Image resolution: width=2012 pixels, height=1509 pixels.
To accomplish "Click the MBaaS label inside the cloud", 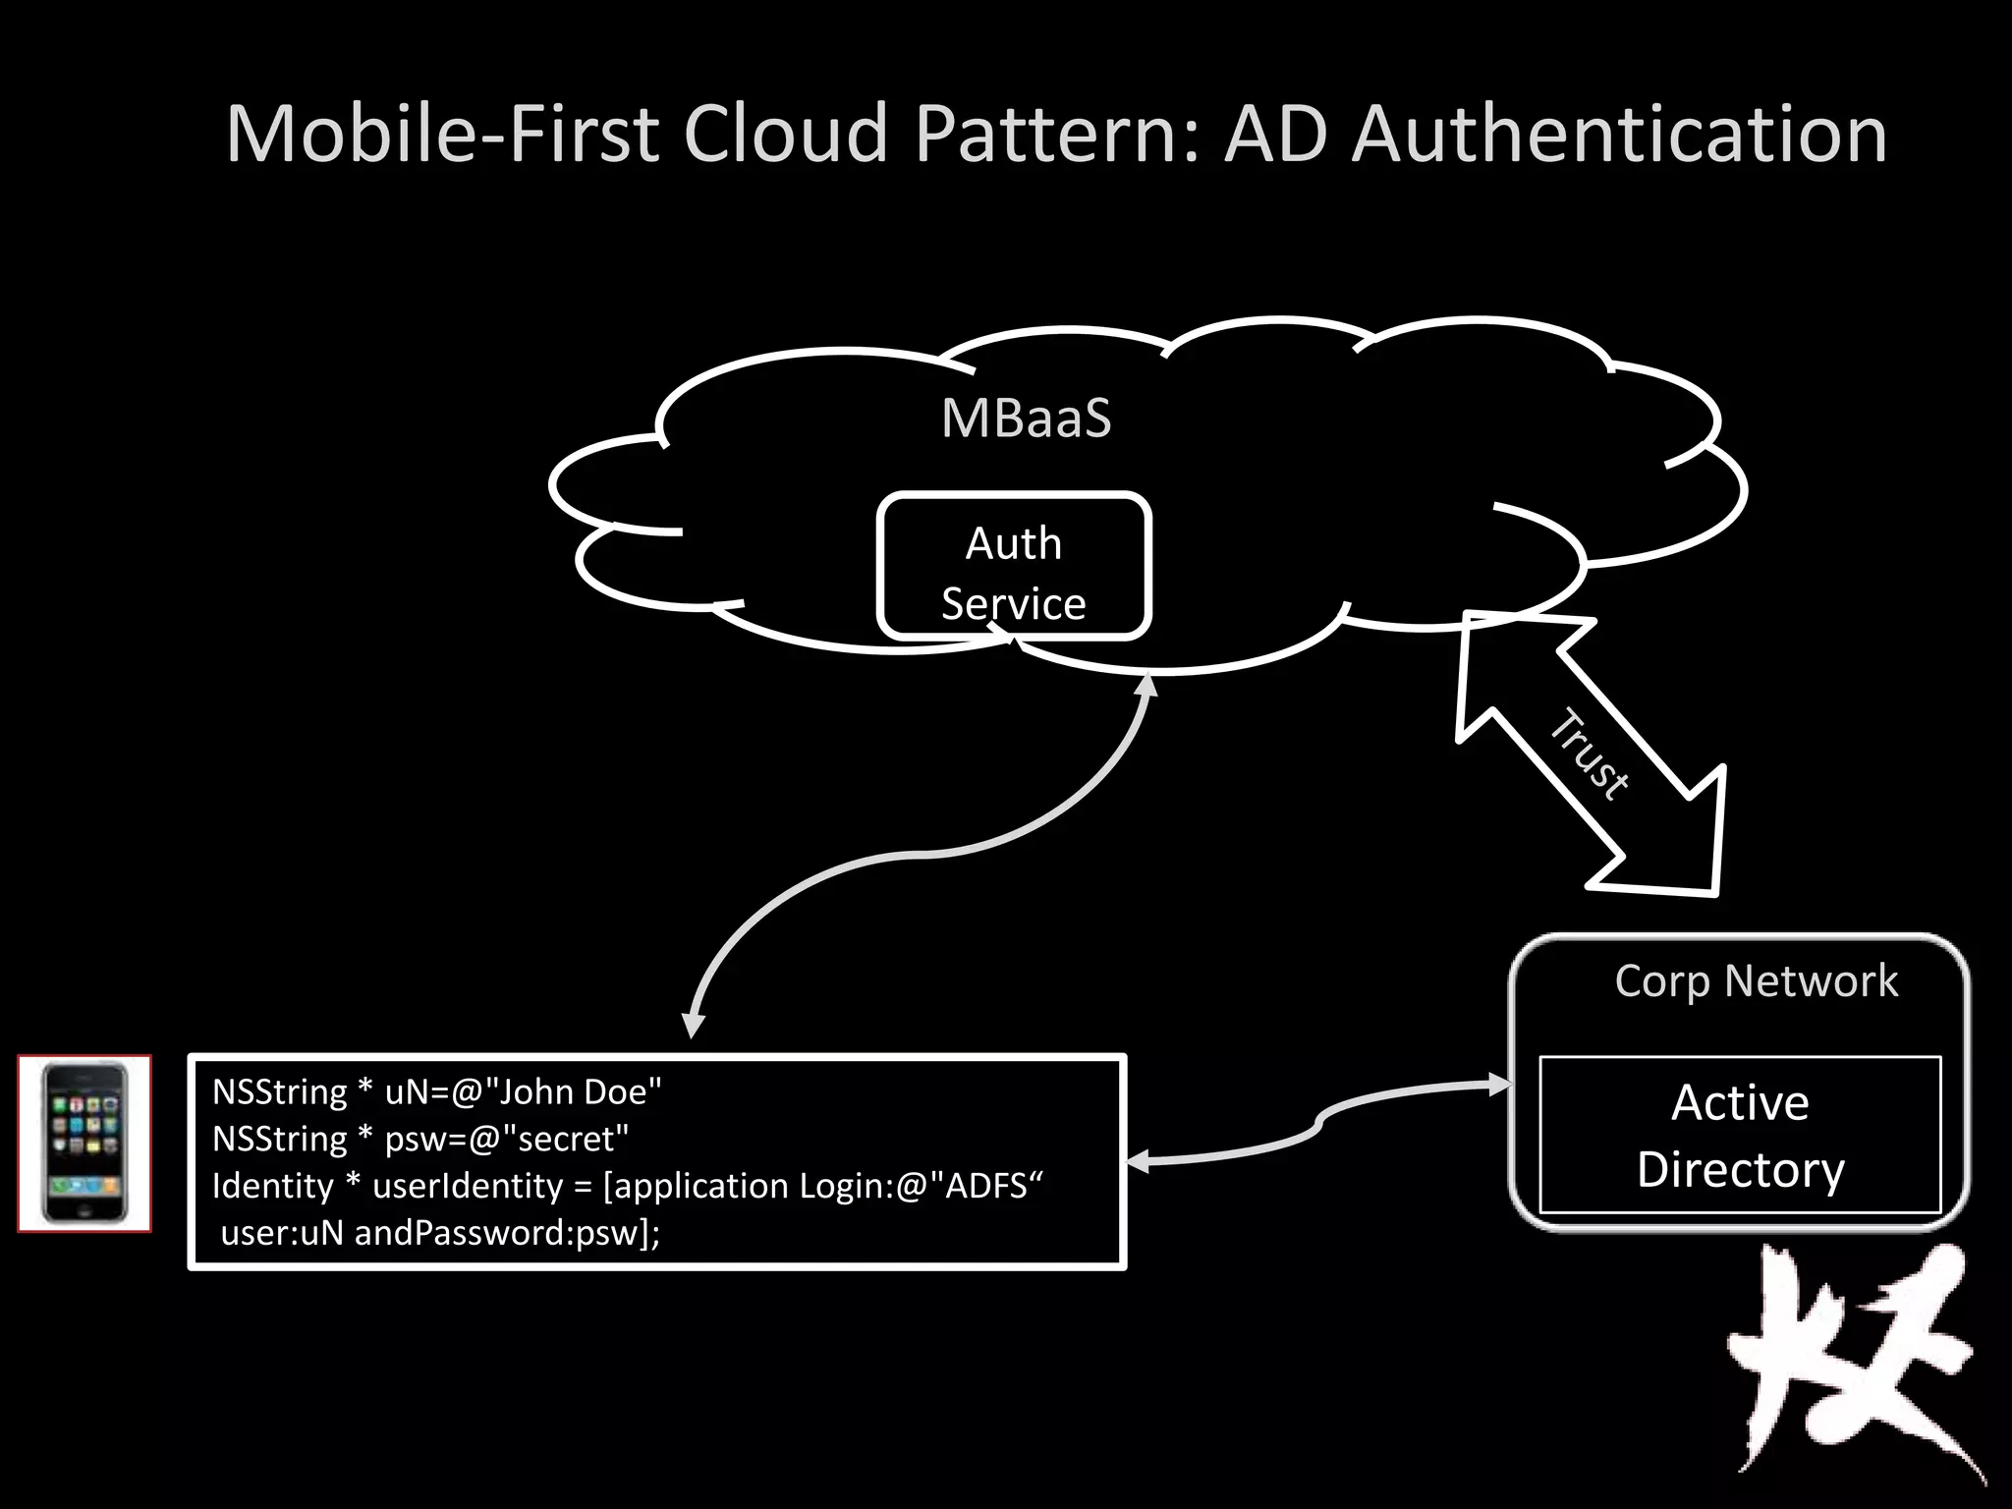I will click(x=1026, y=419).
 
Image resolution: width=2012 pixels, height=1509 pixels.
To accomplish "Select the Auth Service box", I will click(x=1014, y=567).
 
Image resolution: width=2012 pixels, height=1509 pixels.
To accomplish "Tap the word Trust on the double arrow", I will click(x=1589, y=754).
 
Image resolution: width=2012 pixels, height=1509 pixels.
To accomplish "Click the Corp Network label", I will click(x=1756, y=981).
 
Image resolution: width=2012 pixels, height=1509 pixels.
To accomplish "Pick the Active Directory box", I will click(x=1740, y=1135).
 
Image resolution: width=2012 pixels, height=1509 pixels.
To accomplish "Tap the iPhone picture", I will click(x=84, y=1143).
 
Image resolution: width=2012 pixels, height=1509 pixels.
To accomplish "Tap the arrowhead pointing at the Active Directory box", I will click(x=1500, y=1085).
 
